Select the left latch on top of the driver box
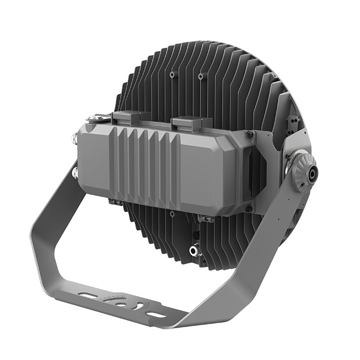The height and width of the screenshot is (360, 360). click(x=128, y=118)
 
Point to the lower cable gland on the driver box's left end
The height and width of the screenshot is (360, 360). click(x=75, y=173)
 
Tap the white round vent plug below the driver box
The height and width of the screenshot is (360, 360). click(x=194, y=251)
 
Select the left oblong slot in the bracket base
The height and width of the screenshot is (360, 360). click(x=89, y=296)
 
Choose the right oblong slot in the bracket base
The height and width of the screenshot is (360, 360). click(x=155, y=314)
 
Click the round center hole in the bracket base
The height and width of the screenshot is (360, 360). click(x=121, y=304)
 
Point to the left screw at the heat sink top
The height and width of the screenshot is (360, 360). click(x=173, y=75)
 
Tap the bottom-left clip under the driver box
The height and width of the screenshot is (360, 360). click(x=114, y=202)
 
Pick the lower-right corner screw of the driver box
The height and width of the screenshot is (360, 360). click(x=248, y=209)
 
